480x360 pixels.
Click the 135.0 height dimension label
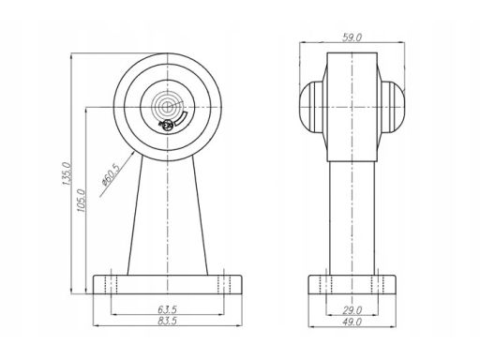[67, 174]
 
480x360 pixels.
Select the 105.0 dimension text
[82, 201]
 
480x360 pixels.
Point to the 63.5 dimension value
[167, 309]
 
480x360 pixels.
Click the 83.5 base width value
[167, 321]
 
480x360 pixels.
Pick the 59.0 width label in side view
[352, 37]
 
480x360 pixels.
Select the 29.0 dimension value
[352, 310]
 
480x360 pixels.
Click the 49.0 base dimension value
[352, 322]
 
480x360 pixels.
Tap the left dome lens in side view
[311, 107]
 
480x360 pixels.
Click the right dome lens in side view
[393, 107]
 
